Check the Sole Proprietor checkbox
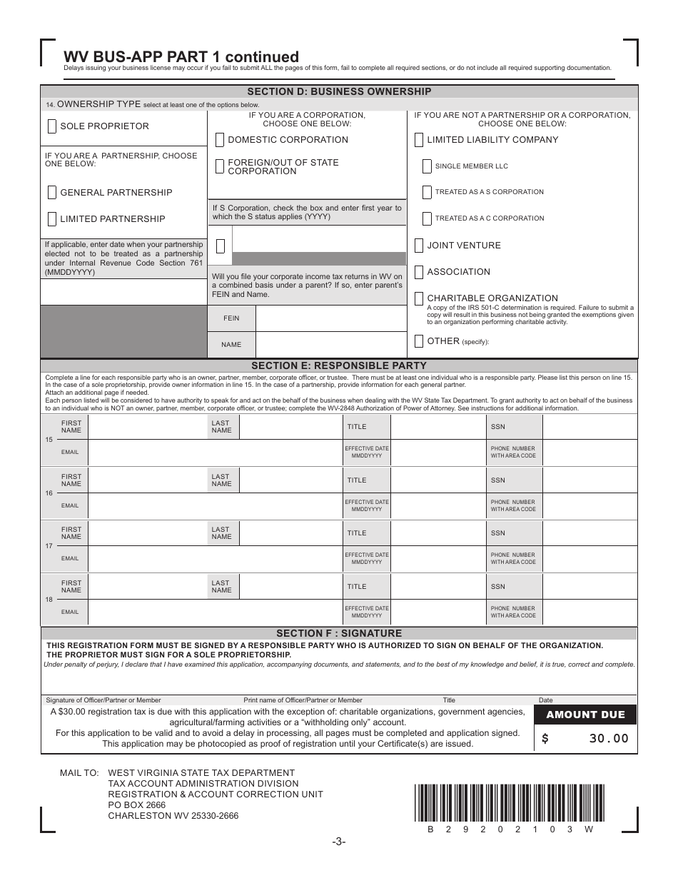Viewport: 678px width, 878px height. coord(52,126)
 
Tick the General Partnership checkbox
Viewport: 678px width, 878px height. coord(52,193)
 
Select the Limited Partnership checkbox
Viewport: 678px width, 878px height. coord(52,219)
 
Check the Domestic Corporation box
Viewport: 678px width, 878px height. coord(220,140)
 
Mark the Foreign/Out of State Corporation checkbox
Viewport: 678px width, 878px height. coord(220,166)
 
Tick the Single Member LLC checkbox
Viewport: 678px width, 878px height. coord(427,166)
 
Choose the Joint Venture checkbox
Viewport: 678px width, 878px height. coord(419,246)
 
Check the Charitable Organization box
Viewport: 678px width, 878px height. coord(419,298)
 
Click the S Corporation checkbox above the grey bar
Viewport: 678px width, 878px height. coord(220,246)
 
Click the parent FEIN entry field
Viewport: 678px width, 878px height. coord(329,318)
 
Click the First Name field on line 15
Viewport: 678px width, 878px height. coord(146,427)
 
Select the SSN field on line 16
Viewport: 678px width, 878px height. coord(590,480)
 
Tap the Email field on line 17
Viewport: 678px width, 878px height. coord(214,559)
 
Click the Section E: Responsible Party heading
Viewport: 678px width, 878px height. coord(339,365)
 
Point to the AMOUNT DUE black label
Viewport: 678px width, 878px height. coord(585,715)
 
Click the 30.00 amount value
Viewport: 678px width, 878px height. coord(609,739)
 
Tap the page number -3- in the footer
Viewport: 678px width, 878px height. coord(339,842)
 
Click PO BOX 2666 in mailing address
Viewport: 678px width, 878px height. coord(137,805)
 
